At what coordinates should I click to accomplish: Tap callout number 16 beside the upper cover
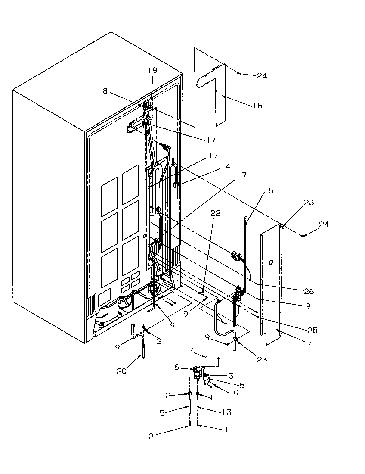tap(257, 105)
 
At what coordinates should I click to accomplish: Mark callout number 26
tap(309, 291)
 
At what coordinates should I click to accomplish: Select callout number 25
tap(312, 330)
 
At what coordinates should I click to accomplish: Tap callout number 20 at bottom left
tap(122, 371)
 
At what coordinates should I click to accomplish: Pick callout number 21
tap(161, 341)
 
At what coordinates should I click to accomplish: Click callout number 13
tap(227, 412)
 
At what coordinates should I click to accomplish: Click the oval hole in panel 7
tap(270, 262)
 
